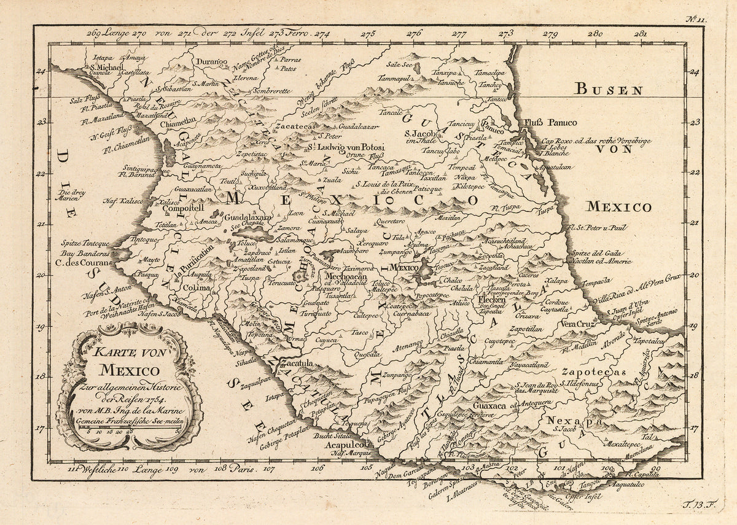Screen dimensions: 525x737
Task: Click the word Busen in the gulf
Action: pos(608,90)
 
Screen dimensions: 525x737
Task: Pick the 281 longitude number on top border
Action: pos(640,34)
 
